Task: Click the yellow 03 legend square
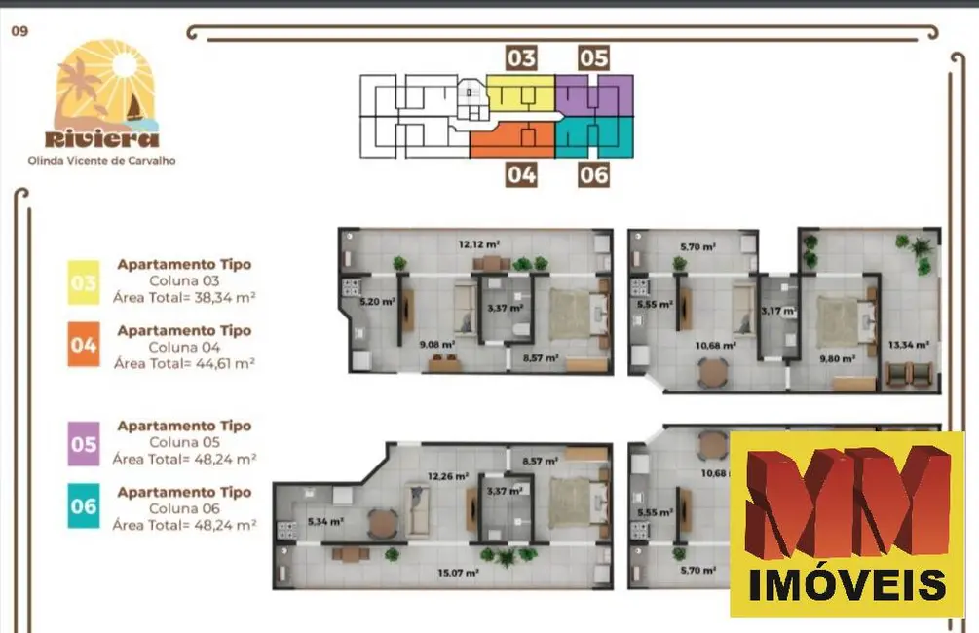click(83, 282)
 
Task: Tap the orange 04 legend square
click(83, 348)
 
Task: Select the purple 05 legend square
click(83, 444)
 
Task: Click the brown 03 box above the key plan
click(521, 57)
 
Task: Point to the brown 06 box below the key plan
click(593, 174)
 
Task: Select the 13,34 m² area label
click(908, 345)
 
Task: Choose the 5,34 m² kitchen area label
click(325, 522)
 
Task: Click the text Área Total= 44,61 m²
click(184, 363)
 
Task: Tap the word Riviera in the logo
click(102, 138)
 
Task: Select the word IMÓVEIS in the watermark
click(847, 584)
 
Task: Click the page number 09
click(19, 30)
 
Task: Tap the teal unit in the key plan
click(594, 137)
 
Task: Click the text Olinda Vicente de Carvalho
click(101, 160)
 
